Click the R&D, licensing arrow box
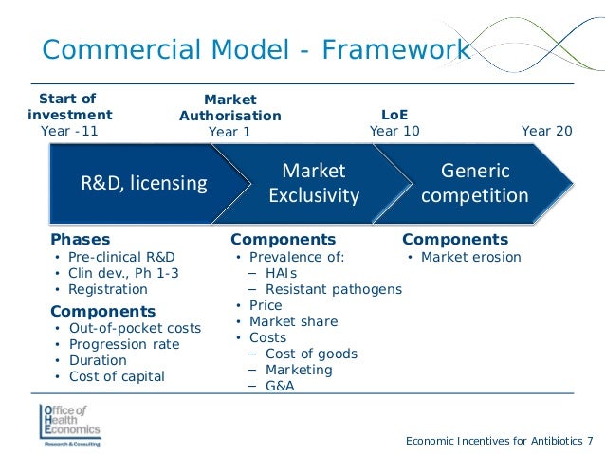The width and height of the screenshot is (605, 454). pyautogui.click(x=142, y=183)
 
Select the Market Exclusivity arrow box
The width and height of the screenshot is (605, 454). pyautogui.click(x=314, y=183)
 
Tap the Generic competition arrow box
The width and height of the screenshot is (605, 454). pyautogui.click(x=474, y=183)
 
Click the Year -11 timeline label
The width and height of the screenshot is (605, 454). pyautogui.click(x=69, y=131)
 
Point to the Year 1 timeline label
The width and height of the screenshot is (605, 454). pyautogui.click(x=229, y=132)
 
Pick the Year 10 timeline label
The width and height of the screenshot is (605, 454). pyautogui.click(x=394, y=131)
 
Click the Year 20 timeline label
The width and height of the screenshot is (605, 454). pyautogui.click(x=547, y=131)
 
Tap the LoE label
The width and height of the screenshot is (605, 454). pyautogui.click(x=394, y=115)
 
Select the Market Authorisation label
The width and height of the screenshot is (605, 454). pyautogui.click(x=230, y=107)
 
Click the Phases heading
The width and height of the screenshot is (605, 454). pyautogui.click(x=80, y=240)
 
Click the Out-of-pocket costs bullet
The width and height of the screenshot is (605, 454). pyautogui.click(x=135, y=328)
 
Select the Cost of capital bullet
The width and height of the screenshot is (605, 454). pyautogui.click(x=117, y=376)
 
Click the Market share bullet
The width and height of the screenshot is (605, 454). pyautogui.click(x=293, y=321)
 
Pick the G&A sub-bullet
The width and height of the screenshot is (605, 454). pyautogui.click(x=280, y=386)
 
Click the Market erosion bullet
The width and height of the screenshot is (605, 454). pyautogui.click(x=470, y=257)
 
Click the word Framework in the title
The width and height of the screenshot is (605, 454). pyautogui.click(x=396, y=49)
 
